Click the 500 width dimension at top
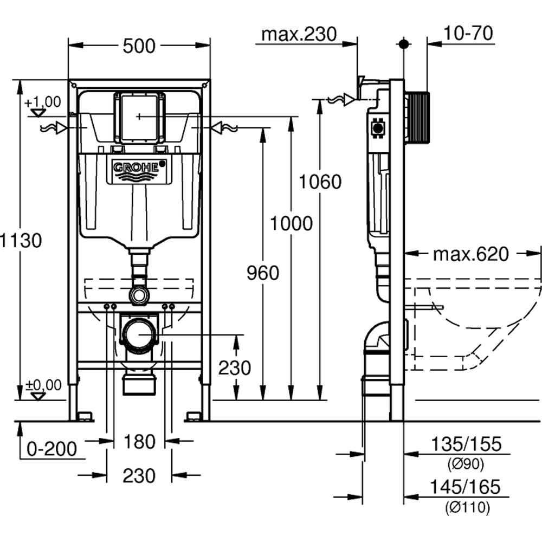(x=139, y=47)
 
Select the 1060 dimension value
(x=321, y=182)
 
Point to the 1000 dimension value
(x=292, y=223)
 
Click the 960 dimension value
(x=263, y=274)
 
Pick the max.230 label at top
(x=299, y=34)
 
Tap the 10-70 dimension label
(x=468, y=34)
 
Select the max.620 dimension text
(x=470, y=254)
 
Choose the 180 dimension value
(x=139, y=442)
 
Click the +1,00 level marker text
(x=42, y=102)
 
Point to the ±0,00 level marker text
(x=43, y=385)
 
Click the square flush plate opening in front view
(x=139, y=117)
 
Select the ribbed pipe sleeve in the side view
(x=417, y=118)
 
